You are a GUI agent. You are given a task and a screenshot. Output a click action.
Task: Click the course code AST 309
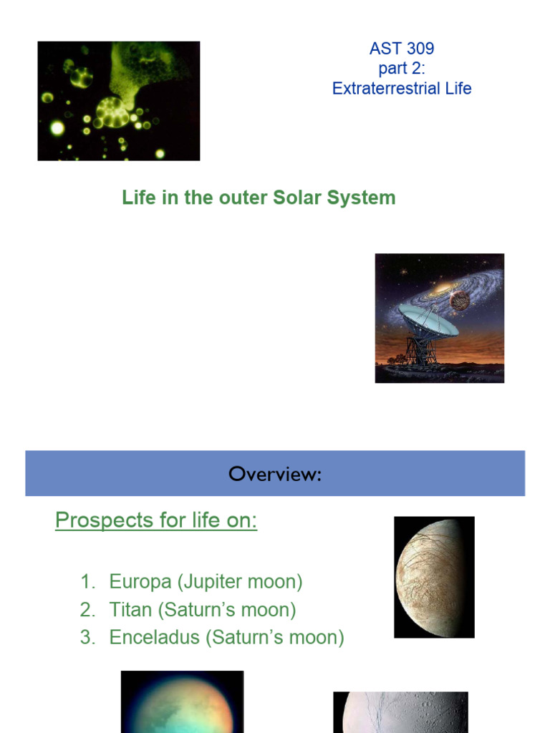tap(402, 49)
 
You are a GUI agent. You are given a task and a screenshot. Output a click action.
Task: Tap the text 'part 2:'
tap(402, 69)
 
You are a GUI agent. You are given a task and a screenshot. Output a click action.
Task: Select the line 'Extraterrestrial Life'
tap(402, 89)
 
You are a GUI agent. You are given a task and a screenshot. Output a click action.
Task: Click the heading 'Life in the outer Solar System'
tap(259, 198)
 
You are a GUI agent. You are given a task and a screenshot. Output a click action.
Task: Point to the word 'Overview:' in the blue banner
tap(275, 474)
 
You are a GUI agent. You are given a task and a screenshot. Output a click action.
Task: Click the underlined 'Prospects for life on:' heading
tap(156, 520)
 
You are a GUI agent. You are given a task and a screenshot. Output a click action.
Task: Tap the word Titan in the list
tap(130, 610)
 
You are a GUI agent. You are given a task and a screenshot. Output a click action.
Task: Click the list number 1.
tap(87, 582)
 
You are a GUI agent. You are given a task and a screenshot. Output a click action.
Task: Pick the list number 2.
tap(87, 610)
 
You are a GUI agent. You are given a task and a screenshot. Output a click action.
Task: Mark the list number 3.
tap(87, 637)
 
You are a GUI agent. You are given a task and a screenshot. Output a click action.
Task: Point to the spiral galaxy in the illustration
tap(444, 286)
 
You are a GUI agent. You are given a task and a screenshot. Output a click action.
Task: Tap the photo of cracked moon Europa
tap(434, 576)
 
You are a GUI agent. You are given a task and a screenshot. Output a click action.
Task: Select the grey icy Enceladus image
tap(400, 712)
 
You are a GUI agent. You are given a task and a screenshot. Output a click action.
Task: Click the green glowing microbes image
tap(119, 101)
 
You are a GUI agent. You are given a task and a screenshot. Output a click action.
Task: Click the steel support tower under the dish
tap(422, 351)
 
